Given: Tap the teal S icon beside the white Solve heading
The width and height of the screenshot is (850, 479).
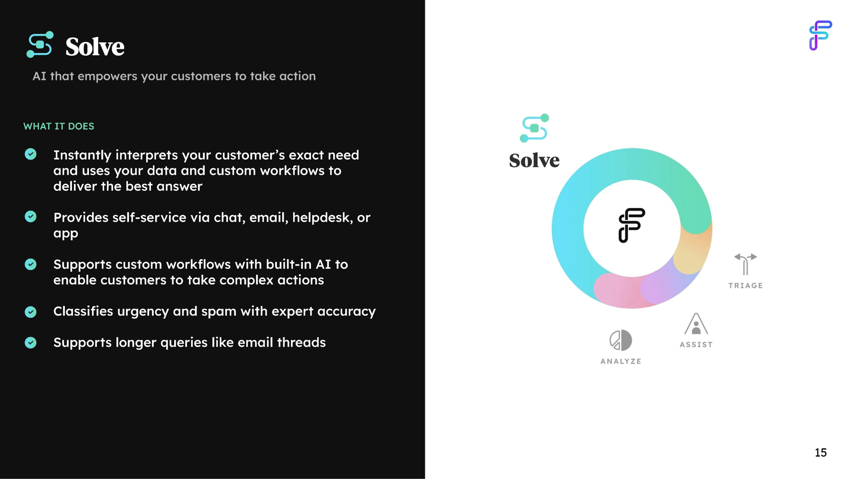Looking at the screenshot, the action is [x=40, y=45].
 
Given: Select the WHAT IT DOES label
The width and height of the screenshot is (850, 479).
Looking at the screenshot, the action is [x=59, y=126].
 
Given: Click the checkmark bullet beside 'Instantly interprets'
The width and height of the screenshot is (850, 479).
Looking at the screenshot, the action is [x=31, y=154].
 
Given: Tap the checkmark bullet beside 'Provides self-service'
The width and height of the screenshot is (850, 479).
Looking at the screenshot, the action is [x=31, y=217].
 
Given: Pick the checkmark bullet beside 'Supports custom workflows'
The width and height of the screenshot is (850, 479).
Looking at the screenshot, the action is [x=31, y=264].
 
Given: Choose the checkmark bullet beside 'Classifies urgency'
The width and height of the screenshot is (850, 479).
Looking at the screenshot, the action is [x=31, y=312].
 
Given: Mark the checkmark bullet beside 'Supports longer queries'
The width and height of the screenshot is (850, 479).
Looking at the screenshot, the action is [x=31, y=342].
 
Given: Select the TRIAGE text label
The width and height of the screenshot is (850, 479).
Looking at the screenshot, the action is [x=745, y=286].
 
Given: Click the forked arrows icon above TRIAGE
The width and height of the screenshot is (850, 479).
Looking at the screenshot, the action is [x=745, y=264].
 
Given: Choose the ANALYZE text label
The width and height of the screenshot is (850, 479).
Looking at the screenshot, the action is [x=621, y=361].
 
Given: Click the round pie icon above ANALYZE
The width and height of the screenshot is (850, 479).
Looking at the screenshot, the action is [x=621, y=340].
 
